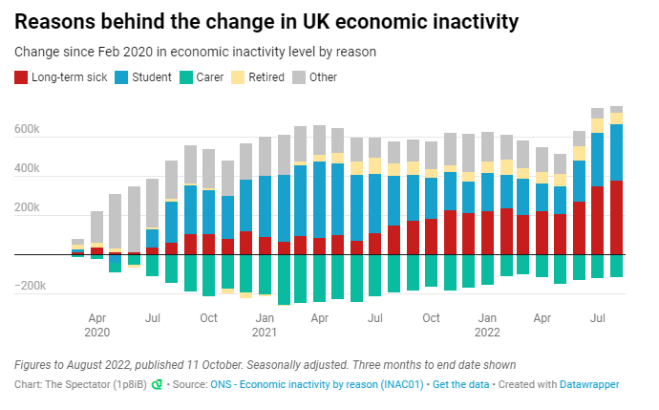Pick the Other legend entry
pyautogui.click(x=323, y=76)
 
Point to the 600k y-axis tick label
pyautogui.click(x=27, y=129)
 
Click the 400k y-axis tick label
pyautogui.click(x=27, y=168)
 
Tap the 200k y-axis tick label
pyautogui.click(x=27, y=207)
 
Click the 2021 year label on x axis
pyautogui.click(x=264, y=333)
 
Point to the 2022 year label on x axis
pyautogui.click(x=487, y=333)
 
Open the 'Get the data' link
pyautogui.click(x=460, y=384)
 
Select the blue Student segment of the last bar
pyautogui.click(x=616, y=152)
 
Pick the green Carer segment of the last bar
pyautogui.click(x=616, y=266)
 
